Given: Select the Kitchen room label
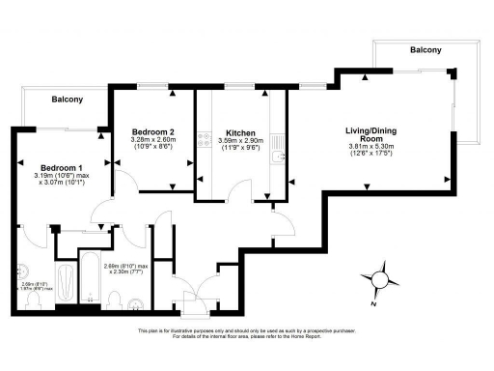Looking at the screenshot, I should click(x=239, y=132).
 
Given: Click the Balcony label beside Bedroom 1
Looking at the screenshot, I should click(x=67, y=100).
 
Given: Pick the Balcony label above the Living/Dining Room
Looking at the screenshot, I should click(x=425, y=49).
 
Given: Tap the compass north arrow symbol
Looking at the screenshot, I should click(x=381, y=279).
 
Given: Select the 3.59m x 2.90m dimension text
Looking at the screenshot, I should click(x=239, y=141).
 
